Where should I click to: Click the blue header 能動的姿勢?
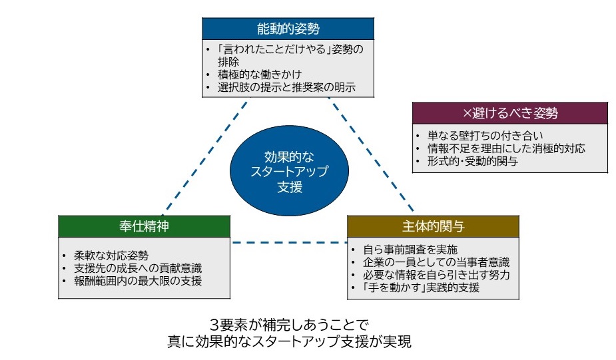click(x=288, y=29)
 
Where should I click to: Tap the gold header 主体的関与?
click(x=433, y=226)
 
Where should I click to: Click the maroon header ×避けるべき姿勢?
click(x=510, y=113)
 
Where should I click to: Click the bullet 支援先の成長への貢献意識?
click(x=137, y=268)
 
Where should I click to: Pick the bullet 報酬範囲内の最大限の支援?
click(x=137, y=280)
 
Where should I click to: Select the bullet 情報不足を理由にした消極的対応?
click(x=506, y=148)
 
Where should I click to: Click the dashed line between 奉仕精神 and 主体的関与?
click(x=289, y=242)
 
